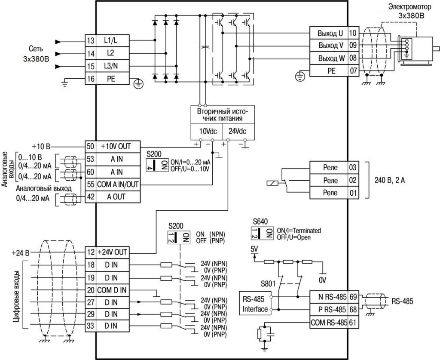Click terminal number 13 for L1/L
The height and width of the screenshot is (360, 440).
click(x=90, y=41)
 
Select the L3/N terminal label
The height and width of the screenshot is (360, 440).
click(x=112, y=67)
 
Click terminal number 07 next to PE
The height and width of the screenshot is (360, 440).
click(x=353, y=71)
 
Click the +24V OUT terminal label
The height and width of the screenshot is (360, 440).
click(x=112, y=252)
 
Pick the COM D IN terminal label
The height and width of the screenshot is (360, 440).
click(x=112, y=289)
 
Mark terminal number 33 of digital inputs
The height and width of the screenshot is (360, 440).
click(x=90, y=326)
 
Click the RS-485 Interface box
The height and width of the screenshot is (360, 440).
click(x=254, y=303)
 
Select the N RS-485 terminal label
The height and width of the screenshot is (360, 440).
click(x=329, y=297)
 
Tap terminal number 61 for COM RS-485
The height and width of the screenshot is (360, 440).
click(x=353, y=322)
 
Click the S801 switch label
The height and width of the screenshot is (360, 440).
click(x=269, y=284)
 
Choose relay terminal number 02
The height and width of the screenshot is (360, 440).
click(x=353, y=180)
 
